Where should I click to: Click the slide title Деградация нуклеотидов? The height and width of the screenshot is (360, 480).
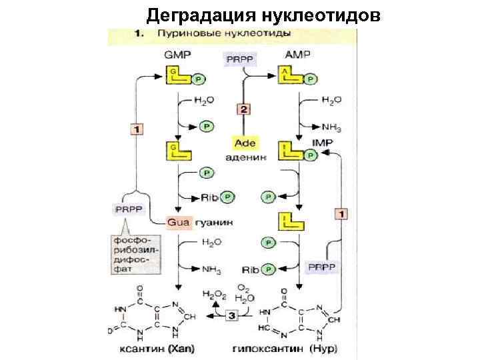pyautogui.click(x=264, y=15)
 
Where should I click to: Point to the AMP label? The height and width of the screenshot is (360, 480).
pyautogui.click(x=297, y=55)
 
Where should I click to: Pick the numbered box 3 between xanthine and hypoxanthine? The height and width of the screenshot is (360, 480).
pyautogui.click(x=231, y=315)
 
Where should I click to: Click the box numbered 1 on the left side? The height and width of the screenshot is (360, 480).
pyautogui.click(x=135, y=129)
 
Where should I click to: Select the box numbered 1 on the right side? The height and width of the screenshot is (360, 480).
pyautogui.click(x=341, y=214)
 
